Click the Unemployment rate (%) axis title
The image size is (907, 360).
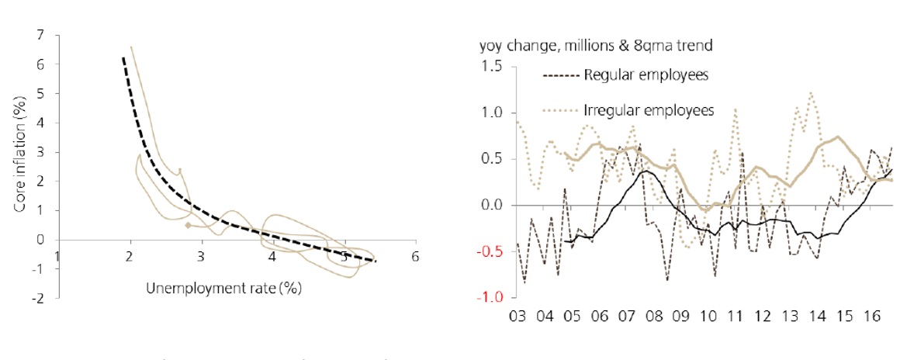[x=223, y=288]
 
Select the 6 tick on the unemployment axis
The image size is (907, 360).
[x=415, y=256]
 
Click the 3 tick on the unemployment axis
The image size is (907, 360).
[x=201, y=256]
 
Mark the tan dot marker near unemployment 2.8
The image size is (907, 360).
[x=188, y=225]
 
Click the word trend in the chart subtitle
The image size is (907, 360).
[x=696, y=47]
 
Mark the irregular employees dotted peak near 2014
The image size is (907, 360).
[x=811, y=93]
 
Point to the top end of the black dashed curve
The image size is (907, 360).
[x=123, y=57]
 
